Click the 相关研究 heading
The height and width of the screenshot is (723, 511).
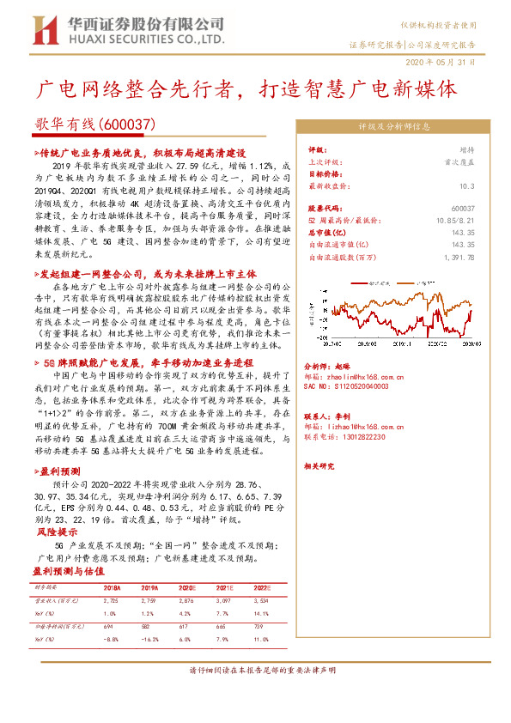[319, 465]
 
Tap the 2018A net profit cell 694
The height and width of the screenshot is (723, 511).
[108, 628]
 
